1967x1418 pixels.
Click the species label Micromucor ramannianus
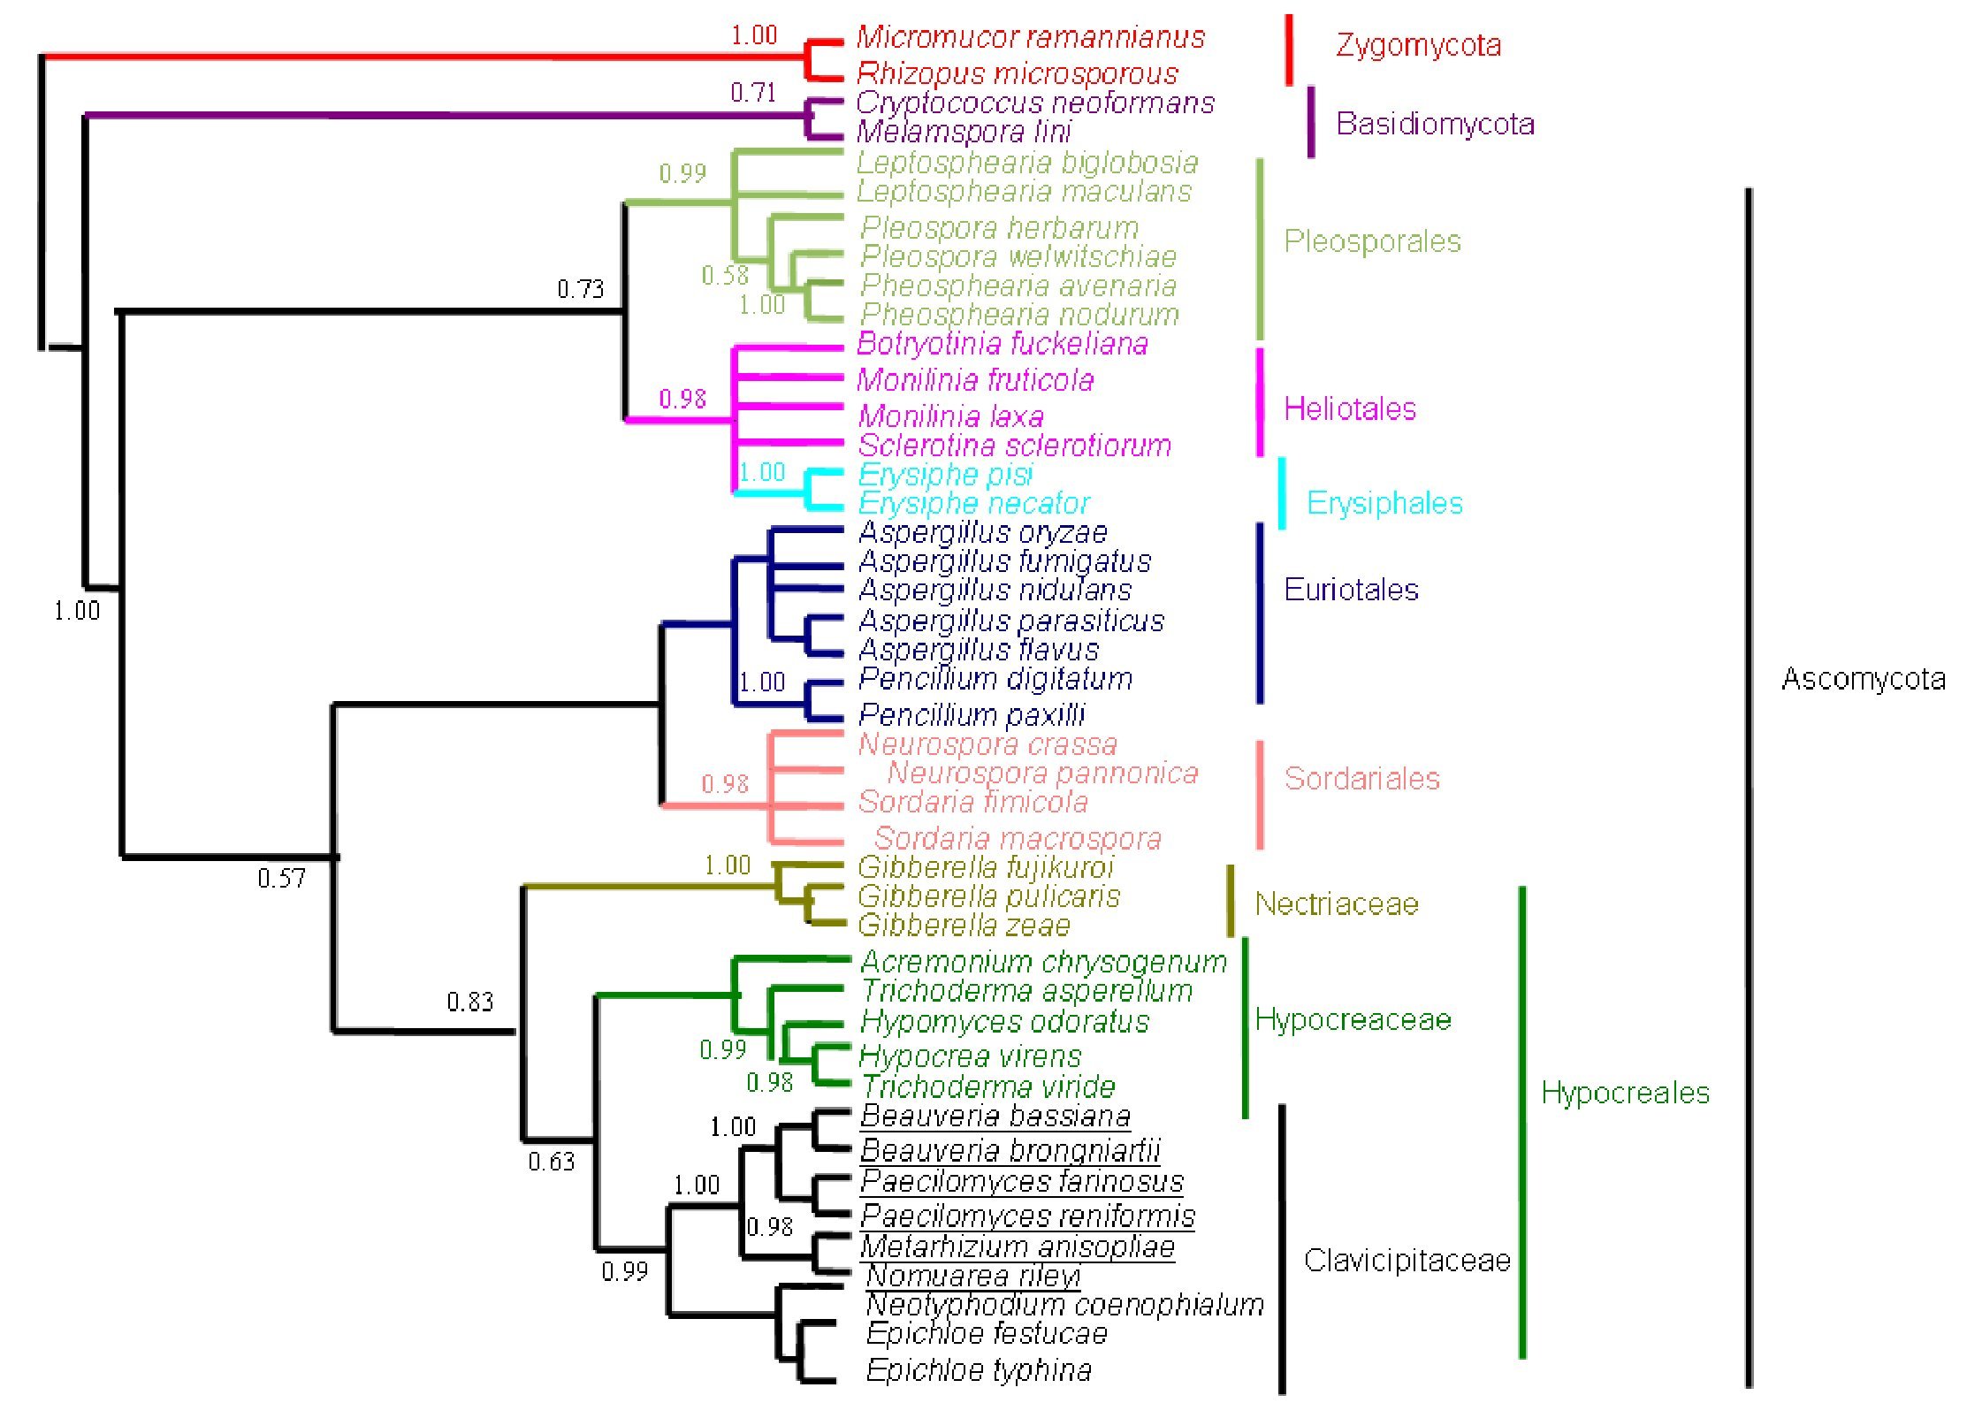tap(1030, 37)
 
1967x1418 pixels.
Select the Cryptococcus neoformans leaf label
tap(1035, 103)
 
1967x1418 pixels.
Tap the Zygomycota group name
tap(1418, 45)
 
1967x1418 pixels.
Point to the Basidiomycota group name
tap(1435, 124)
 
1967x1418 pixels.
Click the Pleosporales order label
tap(1372, 241)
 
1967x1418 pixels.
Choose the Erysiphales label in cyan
tap(1384, 503)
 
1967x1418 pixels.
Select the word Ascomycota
tap(1864, 679)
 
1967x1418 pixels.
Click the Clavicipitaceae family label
tap(1407, 1260)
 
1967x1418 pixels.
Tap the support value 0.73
tap(581, 289)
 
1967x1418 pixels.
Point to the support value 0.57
tap(281, 878)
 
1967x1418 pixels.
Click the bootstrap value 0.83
tap(469, 1002)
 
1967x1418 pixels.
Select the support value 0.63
tap(552, 1161)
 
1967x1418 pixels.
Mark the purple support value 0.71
tap(753, 93)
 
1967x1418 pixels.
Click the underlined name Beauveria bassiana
tap(995, 1117)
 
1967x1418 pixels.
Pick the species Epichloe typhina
tap(979, 1369)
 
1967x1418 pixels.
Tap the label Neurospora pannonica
tap(1042, 773)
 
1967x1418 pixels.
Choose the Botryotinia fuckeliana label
tap(1003, 343)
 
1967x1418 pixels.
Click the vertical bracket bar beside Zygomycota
tap(1289, 50)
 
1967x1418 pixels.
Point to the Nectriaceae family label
tap(1336, 903)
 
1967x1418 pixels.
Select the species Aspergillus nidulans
tap(995, 590)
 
